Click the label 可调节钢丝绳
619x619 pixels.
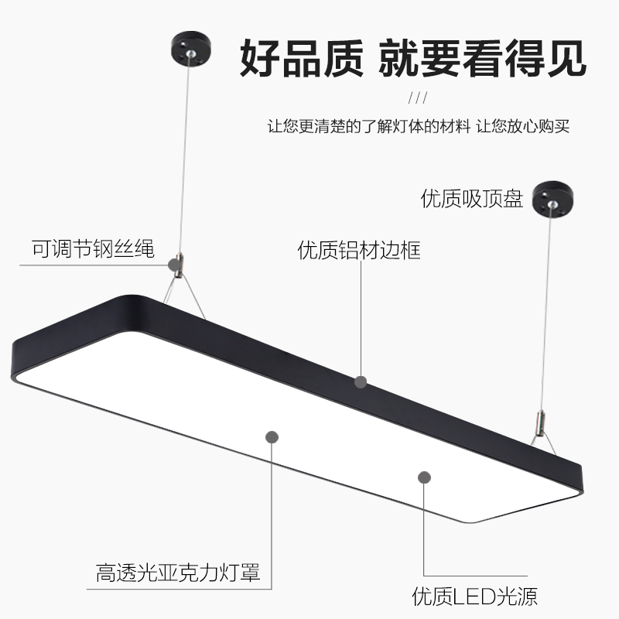93,249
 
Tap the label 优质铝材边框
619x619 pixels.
360,250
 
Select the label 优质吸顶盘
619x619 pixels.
472,199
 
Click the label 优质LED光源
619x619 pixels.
474,597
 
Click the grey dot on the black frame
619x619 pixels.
360,381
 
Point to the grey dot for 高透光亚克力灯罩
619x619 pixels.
272,437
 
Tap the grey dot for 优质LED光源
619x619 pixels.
424,477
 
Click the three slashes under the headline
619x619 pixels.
418,98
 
